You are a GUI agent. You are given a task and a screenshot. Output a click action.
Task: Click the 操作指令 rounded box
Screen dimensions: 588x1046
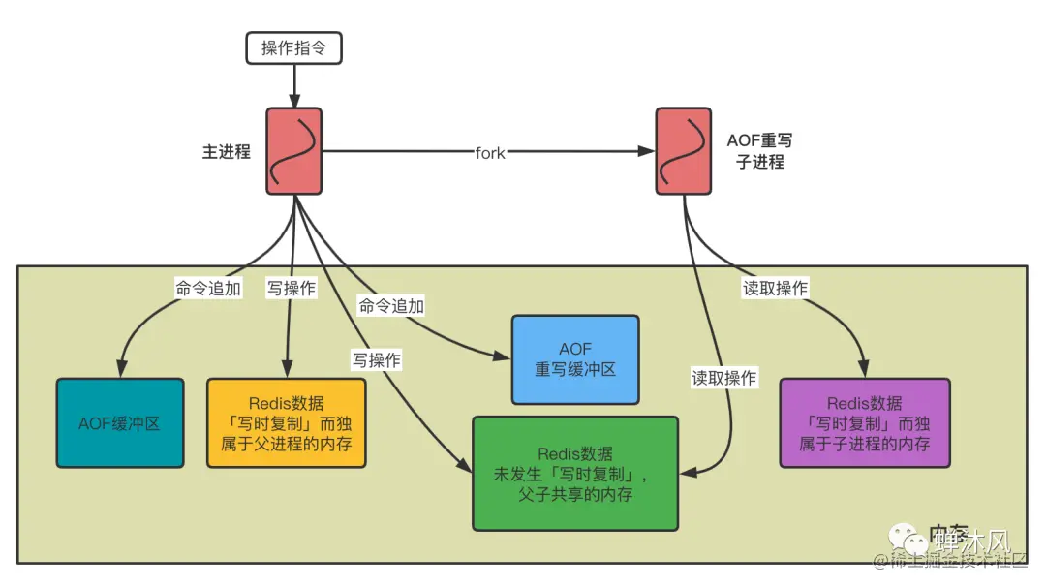294,47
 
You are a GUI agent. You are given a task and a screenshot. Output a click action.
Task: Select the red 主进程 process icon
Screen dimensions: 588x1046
293,151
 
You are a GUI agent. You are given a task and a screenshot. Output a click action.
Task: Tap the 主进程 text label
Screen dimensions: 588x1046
227,151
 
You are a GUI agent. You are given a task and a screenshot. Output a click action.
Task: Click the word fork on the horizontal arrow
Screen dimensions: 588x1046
490,152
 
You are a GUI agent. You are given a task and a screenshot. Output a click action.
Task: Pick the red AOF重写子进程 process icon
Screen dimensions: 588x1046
684,151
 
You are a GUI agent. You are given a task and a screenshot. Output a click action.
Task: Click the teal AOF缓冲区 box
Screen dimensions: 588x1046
120,423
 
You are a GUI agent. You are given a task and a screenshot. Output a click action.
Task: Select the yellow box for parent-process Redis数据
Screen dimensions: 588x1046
287,423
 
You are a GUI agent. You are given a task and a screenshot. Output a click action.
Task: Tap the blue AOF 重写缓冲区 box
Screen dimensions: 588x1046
575,359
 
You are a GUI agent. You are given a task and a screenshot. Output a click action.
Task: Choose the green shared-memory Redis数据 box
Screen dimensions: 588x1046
575,474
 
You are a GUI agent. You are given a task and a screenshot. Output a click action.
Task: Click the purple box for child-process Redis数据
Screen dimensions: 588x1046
865,423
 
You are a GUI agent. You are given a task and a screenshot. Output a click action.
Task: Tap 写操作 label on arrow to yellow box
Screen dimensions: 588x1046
291,288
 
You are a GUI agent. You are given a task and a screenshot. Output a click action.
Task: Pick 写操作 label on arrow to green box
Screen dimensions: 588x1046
377,358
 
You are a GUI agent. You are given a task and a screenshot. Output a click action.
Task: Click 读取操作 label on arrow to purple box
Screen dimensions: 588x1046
775,288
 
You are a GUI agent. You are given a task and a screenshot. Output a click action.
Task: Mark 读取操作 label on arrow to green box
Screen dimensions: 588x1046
723,378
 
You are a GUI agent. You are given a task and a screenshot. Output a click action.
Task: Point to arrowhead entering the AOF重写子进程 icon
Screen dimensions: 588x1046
647,152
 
